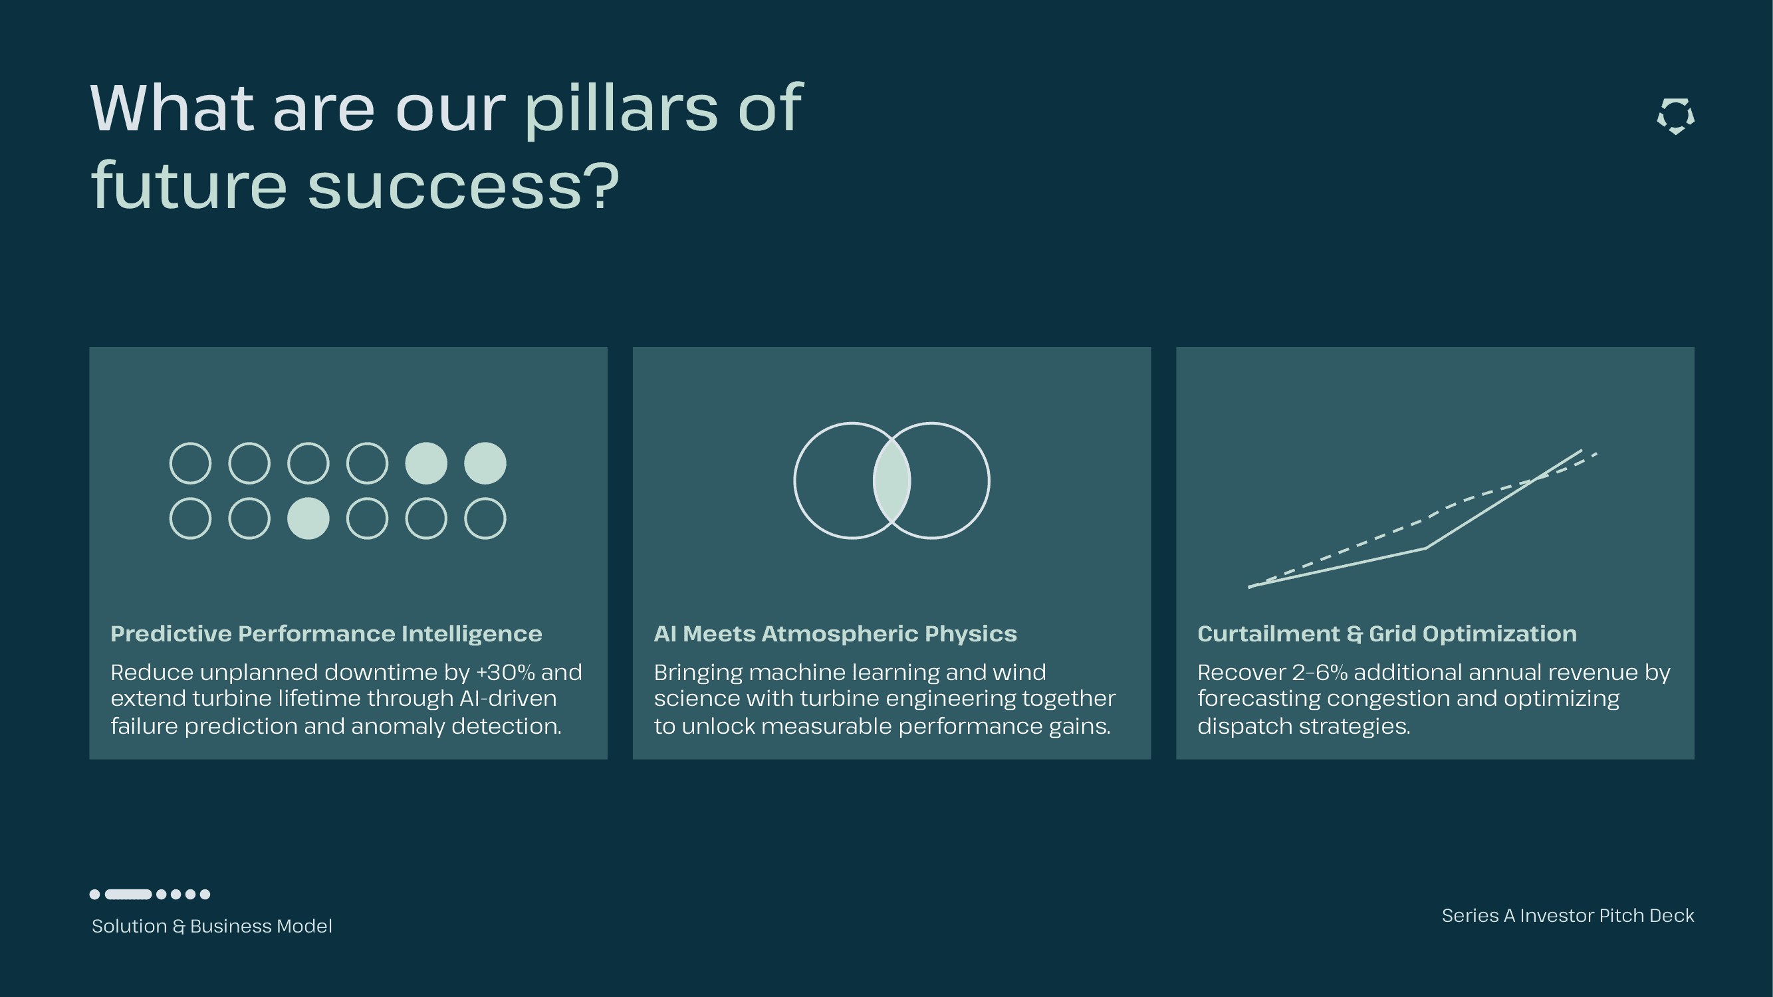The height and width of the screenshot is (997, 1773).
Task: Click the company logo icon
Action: pos(1675,116)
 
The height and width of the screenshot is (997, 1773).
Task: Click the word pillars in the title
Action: pos(621,109)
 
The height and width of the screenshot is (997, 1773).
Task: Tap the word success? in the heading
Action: pos(463,187)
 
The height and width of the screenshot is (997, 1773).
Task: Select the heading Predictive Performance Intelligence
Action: pos(326,633)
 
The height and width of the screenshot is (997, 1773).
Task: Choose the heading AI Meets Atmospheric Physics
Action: pos(835,633)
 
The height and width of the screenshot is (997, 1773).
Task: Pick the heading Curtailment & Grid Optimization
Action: pos(1387,633)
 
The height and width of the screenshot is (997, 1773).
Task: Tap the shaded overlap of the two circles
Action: pos(892,481)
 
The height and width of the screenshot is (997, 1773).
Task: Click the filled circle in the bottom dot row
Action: pos(308,518)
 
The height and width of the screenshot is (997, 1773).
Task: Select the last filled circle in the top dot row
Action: pos(485,463)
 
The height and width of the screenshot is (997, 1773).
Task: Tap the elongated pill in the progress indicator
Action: pos(129,895)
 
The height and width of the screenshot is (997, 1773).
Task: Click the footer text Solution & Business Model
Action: pos(212,926)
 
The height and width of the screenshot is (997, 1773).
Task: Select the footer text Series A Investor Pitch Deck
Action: pos(1568,916)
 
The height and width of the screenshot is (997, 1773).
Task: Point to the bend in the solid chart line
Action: pos(1425,548)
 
